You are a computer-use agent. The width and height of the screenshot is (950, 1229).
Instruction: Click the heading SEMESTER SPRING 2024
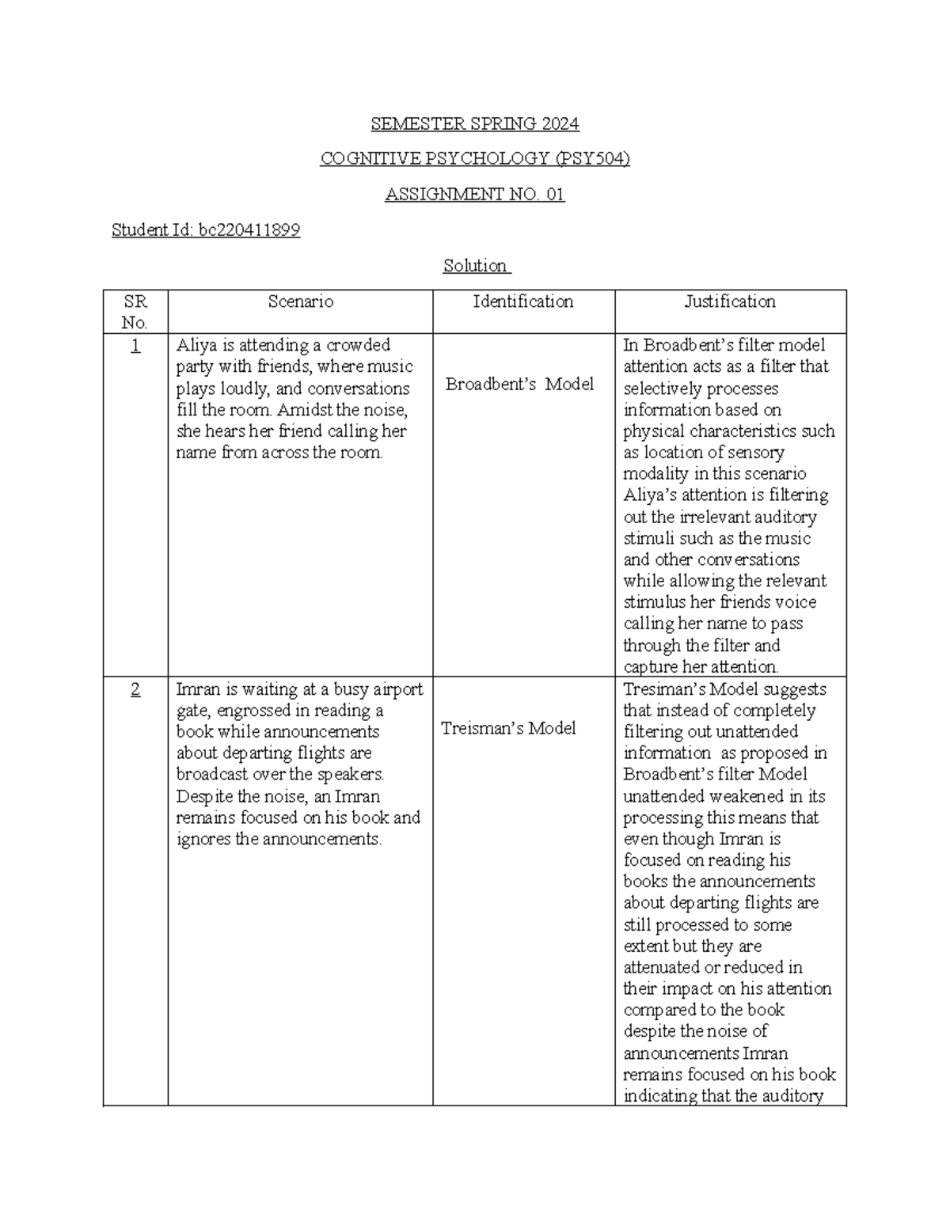(475, 124)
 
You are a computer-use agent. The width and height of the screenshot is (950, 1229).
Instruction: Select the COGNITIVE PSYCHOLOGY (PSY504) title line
(475, 159)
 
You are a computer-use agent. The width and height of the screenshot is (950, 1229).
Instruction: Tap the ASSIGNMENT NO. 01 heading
(475, 195)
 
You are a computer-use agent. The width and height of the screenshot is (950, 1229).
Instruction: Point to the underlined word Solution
(475, 266)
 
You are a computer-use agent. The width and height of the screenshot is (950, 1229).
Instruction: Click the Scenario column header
(300, 302)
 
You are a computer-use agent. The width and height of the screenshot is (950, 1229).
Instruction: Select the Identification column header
(523, 302)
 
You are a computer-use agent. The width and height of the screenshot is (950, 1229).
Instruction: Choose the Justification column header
(730, 302)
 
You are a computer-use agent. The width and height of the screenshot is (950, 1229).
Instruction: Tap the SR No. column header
(135, 312)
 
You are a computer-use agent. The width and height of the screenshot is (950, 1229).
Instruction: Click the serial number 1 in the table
(135, 346)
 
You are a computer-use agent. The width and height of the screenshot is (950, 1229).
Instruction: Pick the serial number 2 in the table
(135, 690)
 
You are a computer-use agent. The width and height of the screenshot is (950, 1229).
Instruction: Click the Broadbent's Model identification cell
(519, 384)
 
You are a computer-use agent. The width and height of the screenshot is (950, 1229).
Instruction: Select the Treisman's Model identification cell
(508, 728)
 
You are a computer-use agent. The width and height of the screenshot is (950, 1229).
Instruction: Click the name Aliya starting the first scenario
(197, 346)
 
